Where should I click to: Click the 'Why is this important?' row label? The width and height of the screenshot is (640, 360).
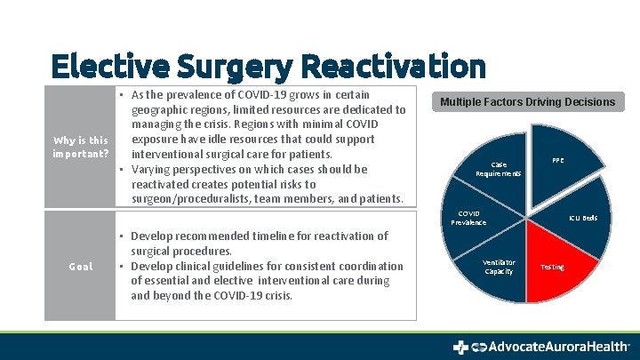(80, 147)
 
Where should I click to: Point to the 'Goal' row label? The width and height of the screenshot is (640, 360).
(80, 267)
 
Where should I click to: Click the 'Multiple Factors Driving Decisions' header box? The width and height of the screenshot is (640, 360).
(527, 102)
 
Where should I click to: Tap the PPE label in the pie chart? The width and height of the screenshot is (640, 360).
(557, 161)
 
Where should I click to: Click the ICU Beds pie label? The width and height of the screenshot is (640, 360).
(583, 218)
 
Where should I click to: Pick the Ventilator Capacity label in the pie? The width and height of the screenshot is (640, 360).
(499, 267)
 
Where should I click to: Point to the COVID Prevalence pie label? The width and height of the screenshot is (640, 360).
(468, 218)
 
